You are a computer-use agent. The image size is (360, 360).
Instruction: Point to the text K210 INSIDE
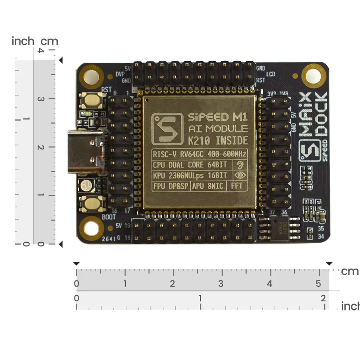(218, 140)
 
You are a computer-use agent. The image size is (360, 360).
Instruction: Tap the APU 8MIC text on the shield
(208, 186)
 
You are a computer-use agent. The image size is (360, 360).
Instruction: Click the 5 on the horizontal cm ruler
(318, 284)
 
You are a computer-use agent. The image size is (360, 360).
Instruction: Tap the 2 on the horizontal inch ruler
(323, 298)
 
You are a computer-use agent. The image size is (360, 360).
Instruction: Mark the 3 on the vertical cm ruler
(41, 99)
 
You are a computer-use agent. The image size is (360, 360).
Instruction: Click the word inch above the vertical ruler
(23, 41)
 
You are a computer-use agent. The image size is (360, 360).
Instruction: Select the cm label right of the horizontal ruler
(350, 271)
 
